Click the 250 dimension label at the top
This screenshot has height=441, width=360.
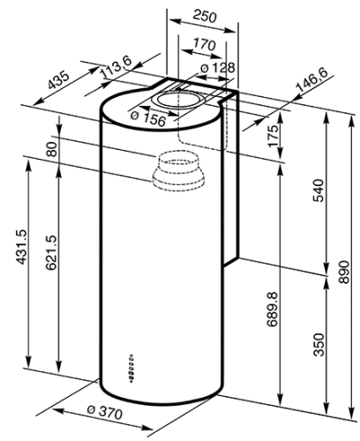[x=205, y=16]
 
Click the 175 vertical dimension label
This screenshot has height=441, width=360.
[x=274, y=137]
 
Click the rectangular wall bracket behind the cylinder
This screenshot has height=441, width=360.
[x=230, y=176]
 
